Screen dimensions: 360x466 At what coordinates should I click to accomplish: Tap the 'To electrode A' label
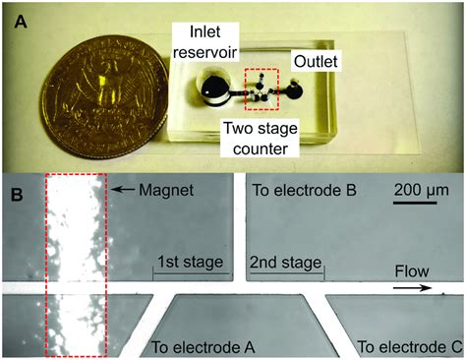(x=202, y=346)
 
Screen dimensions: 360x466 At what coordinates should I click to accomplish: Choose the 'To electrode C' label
(x=403, y=346)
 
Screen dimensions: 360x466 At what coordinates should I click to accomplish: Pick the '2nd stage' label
(x=286, y=262)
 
